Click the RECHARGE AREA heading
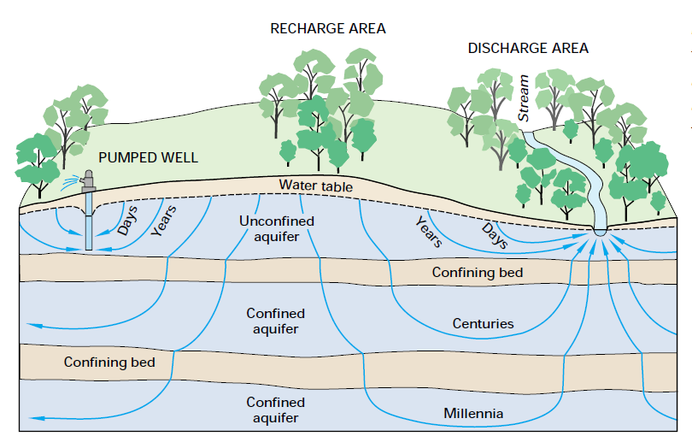(328, 28)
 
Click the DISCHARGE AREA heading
(528, 48)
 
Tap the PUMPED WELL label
(148, 157)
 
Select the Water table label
(315, 186)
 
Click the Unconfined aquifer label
(276, 228)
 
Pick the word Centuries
(483, 323)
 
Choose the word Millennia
(473, 414)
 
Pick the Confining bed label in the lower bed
(109, 362)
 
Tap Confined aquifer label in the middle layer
(275, 321)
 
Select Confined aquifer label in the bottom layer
(275, 410)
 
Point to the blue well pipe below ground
(89, 227)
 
